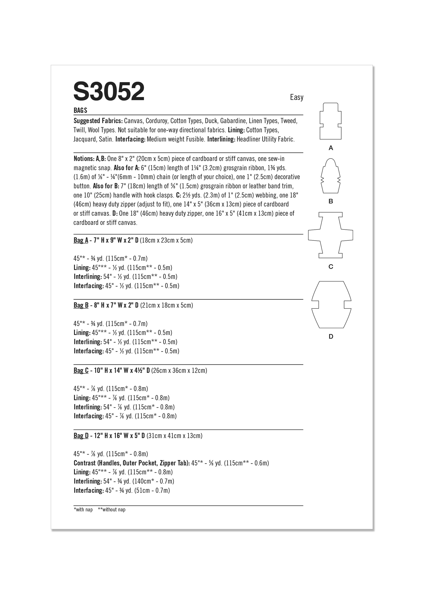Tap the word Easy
(x=297, y=97)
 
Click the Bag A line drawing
(x=330, y=121)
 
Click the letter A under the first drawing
(x=331, y=148)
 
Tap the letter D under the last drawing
(x=331, y=337)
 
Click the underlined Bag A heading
(x=81, y=240)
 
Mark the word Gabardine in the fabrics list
(x=233, y=121)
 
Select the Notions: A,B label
(x=90, y=159)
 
